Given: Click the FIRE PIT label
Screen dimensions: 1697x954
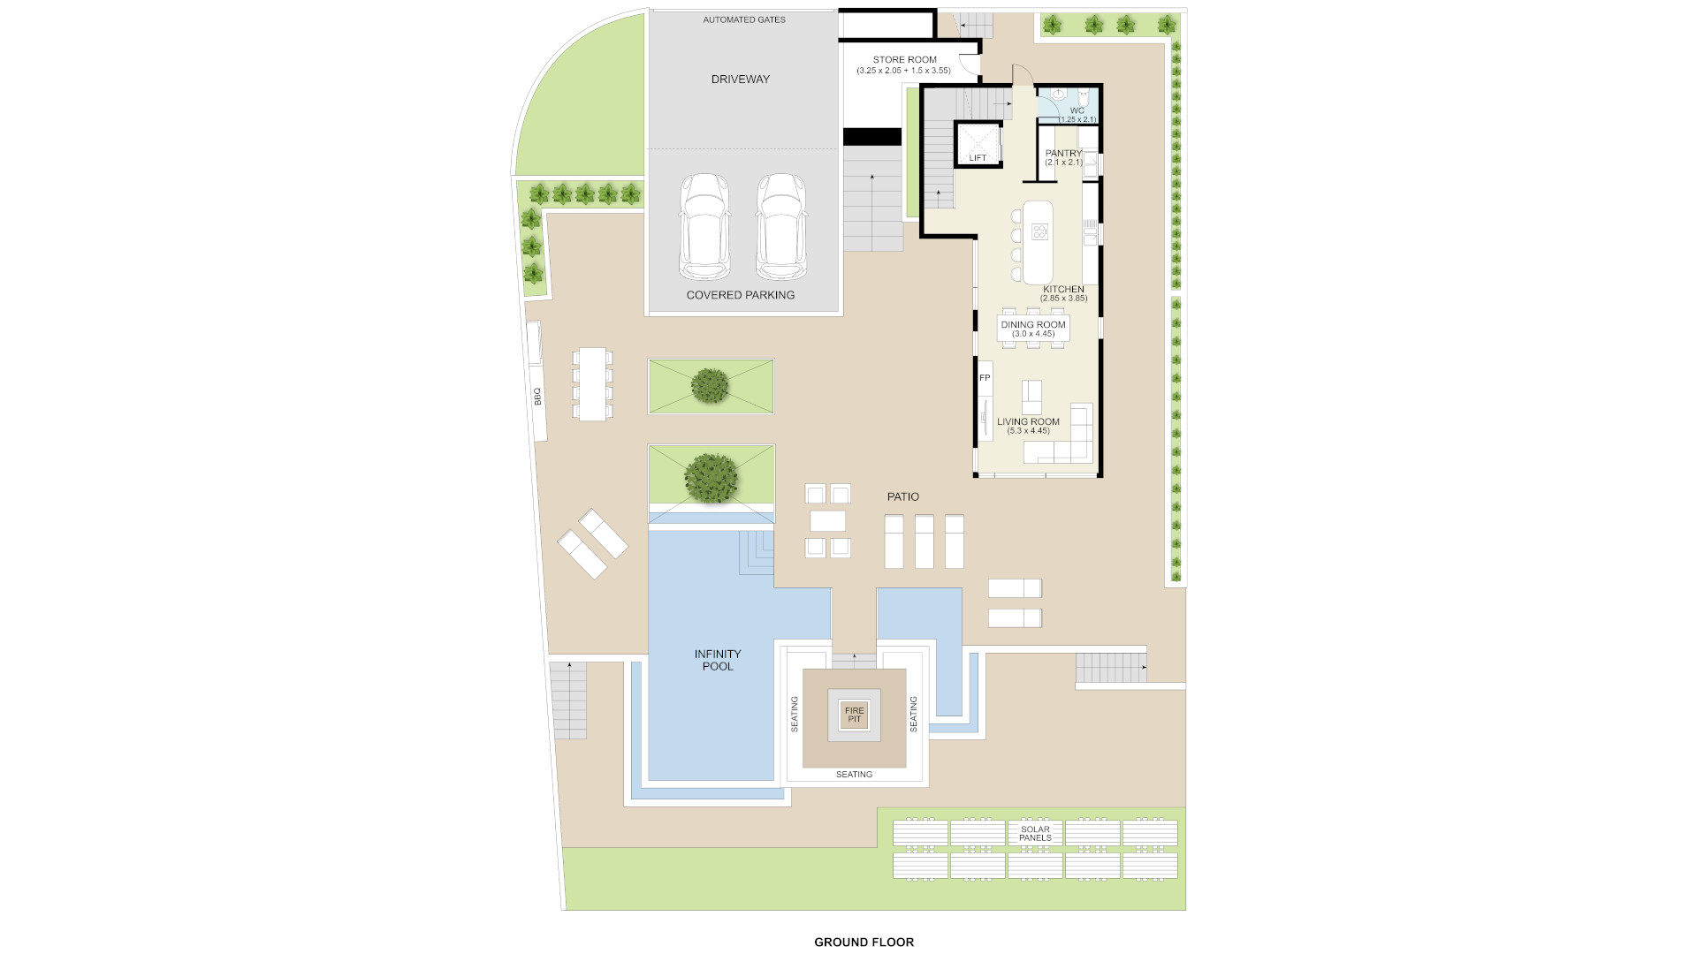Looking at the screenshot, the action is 855,715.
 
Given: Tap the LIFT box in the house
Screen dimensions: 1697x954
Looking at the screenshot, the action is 978,145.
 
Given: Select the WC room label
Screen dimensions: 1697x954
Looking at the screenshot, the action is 1077,111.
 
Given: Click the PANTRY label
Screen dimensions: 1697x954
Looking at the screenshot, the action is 1063,154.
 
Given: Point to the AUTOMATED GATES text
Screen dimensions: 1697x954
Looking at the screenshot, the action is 744,19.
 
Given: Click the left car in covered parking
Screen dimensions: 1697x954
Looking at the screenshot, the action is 704,226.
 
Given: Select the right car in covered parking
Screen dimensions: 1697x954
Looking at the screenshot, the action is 782,226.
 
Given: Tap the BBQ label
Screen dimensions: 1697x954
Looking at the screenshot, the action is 537,397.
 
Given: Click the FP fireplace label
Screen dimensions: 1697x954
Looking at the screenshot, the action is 985,378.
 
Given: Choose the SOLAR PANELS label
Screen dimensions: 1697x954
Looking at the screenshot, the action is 1035,834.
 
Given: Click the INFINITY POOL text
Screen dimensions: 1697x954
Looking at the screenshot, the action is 718,660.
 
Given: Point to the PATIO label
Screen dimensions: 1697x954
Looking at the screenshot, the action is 903,497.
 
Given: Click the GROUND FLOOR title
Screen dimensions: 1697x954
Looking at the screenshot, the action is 864,943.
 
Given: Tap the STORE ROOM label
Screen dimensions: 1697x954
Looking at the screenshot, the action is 905,60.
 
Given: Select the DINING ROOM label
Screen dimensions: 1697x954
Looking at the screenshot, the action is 1033,325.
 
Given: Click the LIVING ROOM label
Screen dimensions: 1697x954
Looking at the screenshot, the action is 1028,422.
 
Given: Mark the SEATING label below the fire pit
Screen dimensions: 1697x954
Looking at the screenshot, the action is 854,775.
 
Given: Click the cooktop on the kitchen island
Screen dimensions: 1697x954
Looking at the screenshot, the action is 1039,232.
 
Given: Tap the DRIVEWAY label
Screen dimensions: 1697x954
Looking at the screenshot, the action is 741,79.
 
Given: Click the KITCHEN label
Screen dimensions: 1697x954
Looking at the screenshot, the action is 1063,290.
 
